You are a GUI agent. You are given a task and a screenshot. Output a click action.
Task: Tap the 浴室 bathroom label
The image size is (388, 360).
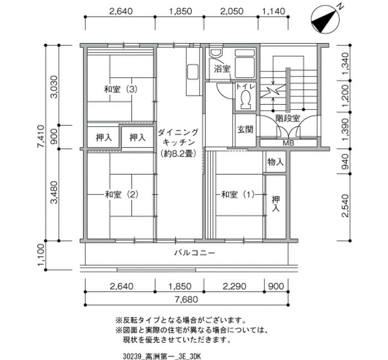(x=222, y=69)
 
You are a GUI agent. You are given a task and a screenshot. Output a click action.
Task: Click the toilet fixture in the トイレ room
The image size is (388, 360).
(x=246, y=99)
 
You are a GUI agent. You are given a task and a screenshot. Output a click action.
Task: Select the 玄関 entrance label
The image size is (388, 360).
(x=245, y=129)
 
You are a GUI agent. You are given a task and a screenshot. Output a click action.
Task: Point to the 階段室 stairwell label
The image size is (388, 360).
(x=288, y=119)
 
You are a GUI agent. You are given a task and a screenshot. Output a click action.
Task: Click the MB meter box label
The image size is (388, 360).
(x=288, y=143)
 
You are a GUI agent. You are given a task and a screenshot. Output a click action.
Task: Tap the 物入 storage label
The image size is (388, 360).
(x=275, y=162)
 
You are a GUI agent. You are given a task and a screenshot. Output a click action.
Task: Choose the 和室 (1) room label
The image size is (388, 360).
(x=238, y=194)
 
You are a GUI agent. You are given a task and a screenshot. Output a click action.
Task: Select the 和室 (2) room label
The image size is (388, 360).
(x=121, y=194)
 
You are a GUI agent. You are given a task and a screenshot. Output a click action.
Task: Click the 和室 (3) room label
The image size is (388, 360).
(x=120, y=89)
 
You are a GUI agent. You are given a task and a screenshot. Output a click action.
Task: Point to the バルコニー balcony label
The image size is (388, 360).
(x=195, y=253)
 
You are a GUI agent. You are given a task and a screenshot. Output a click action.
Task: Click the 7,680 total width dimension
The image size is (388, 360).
(x=187, y=300)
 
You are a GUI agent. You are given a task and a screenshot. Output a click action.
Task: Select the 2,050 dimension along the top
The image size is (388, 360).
(x=232, y=11)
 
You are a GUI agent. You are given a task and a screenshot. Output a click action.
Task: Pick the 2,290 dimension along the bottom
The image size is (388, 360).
(x=234, y=286)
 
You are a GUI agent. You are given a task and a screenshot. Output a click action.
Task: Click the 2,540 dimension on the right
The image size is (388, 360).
(x=345, y=205)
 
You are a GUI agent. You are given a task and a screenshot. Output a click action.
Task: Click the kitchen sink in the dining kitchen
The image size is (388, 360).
(x=192, y=71)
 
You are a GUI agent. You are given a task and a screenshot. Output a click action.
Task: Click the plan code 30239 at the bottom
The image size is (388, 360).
(x=132, y=357)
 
